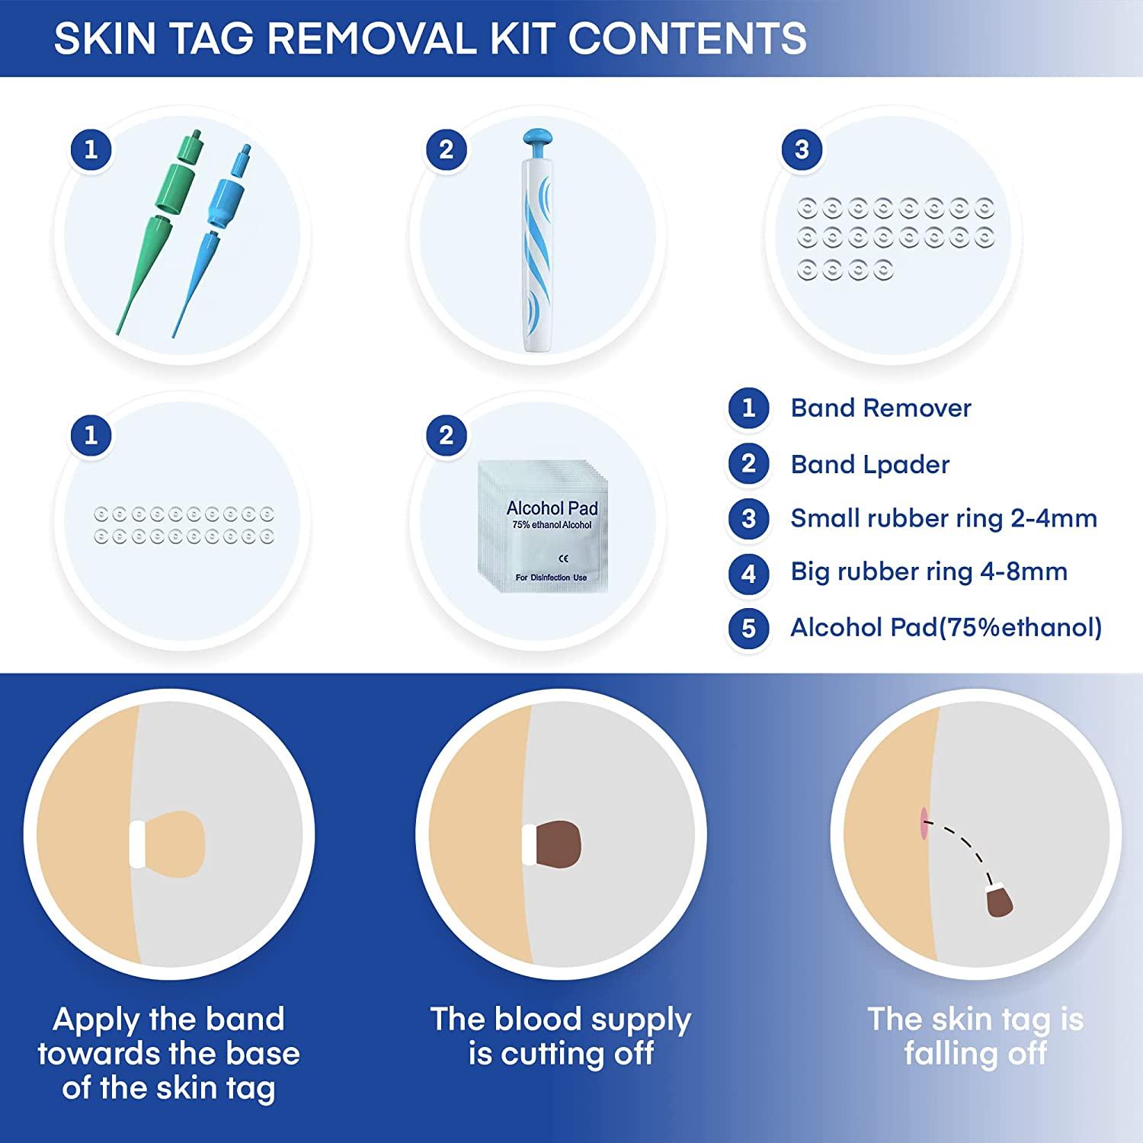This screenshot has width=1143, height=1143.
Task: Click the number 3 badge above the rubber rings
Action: pos(801,149)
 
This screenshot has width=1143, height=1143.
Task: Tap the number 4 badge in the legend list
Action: pos(748,572)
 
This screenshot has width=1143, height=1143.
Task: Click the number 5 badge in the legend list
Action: pos(748,627)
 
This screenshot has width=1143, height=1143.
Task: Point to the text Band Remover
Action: pos(880,408)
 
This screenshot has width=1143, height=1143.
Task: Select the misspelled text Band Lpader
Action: pos(869,465)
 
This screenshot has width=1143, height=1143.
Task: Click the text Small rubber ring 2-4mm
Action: pos(943,519)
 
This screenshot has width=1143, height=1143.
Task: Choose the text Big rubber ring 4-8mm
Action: pos(928,572)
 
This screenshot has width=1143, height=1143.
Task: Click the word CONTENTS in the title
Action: pos(687,38)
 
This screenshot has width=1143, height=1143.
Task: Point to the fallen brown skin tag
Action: pos(999,901)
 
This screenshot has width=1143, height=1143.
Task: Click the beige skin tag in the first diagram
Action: pos(175,843)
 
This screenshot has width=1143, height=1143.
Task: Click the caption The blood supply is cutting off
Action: pos(560,1036)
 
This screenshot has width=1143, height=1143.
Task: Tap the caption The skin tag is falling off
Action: pos(975,1036)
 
